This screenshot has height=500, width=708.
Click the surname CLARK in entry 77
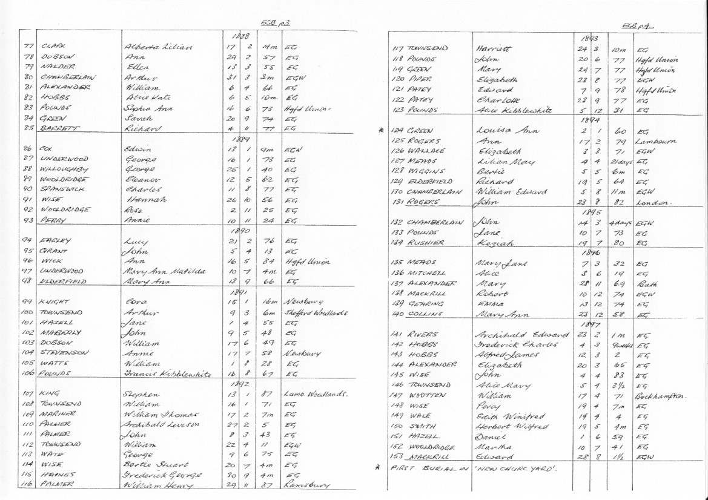[53, 46]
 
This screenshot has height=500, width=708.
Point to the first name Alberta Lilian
[157, 46]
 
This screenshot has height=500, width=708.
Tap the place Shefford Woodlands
[312, 313]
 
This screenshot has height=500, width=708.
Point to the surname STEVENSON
[65, 354]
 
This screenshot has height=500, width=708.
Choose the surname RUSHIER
[429, 243]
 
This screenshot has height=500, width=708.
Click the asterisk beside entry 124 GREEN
[381, 130]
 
